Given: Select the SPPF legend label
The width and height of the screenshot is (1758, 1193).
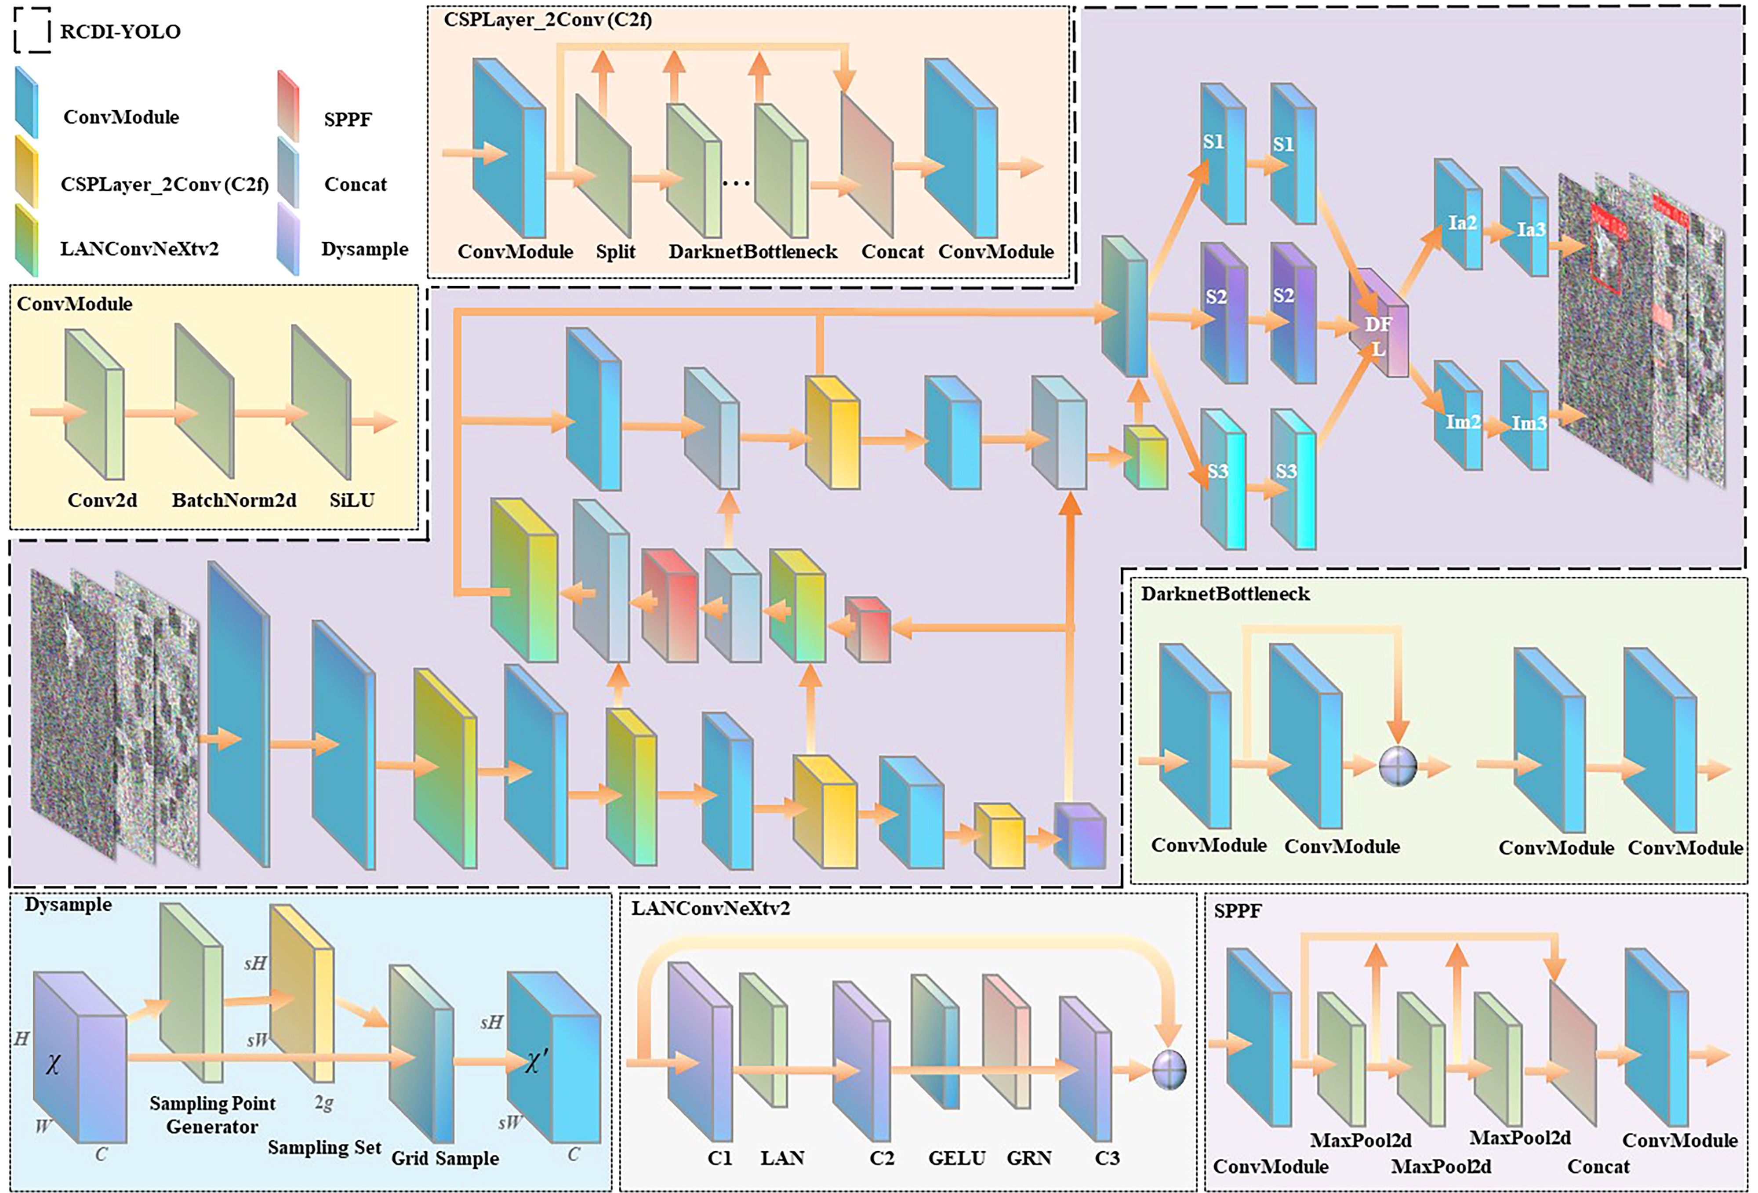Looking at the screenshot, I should point(347,120).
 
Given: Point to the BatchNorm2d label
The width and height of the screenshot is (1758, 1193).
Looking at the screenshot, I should point(234,500).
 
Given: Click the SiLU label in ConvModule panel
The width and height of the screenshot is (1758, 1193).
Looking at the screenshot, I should point(352,500).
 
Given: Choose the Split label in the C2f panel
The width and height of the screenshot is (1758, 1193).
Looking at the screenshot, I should point(615,252).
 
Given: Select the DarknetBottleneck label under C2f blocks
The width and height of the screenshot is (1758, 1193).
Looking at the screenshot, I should point(753,252).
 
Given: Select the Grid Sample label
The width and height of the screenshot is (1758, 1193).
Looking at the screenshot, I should point(445,1158).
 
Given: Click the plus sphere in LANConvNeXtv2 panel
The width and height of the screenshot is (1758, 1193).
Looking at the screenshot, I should point(1169,1069).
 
